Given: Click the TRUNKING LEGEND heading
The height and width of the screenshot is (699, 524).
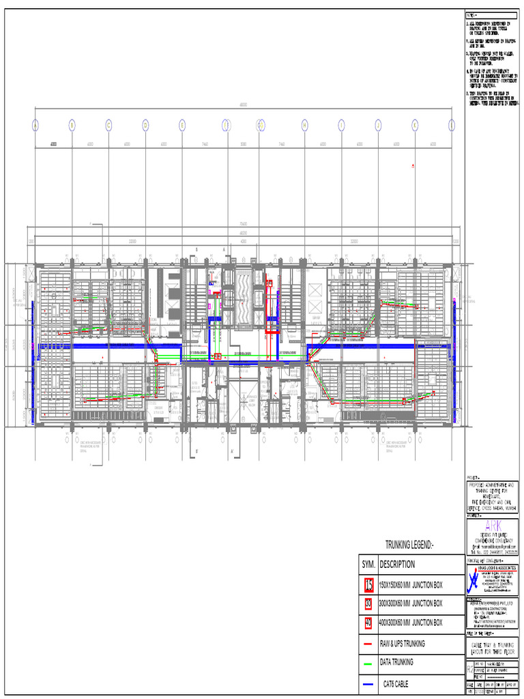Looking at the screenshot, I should pos(409,545).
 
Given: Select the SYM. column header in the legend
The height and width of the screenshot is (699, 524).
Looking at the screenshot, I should pos(368,565).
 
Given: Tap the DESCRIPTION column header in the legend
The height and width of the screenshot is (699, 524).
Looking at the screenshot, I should pos(397,565).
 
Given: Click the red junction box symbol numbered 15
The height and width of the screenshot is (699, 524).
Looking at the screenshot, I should pos(368,584).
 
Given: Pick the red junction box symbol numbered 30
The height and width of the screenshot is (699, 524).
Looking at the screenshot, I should pos(368,603).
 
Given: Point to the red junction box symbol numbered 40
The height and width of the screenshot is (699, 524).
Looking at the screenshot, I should pos(368,623).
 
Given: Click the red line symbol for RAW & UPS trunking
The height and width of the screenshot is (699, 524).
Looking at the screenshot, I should pos(368,644).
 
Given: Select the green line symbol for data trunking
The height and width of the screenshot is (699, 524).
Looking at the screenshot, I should pos(368,663).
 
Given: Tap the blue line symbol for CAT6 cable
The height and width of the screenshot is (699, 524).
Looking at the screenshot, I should pos(368,683).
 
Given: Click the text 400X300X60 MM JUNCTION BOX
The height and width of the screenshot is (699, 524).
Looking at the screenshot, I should pos(411,623).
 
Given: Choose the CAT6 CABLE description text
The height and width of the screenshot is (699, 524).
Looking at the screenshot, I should pos(397,683).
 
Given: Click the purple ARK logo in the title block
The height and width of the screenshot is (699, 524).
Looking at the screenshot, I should pos(492,526).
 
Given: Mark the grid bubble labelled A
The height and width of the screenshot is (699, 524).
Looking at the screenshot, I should pos(35,125).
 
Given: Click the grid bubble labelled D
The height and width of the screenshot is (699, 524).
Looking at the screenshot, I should pos(145,125).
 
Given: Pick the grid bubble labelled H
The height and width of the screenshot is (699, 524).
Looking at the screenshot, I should pos(305,125).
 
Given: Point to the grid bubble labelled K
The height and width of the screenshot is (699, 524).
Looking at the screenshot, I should pos(414,125).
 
